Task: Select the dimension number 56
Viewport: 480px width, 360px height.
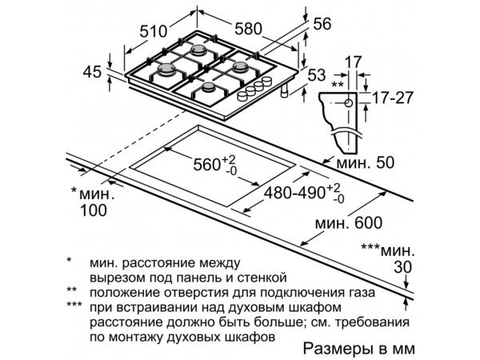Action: (322, 25)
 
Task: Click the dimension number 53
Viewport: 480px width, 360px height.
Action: (317, 75)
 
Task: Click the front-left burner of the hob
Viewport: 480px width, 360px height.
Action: (167, 73)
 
